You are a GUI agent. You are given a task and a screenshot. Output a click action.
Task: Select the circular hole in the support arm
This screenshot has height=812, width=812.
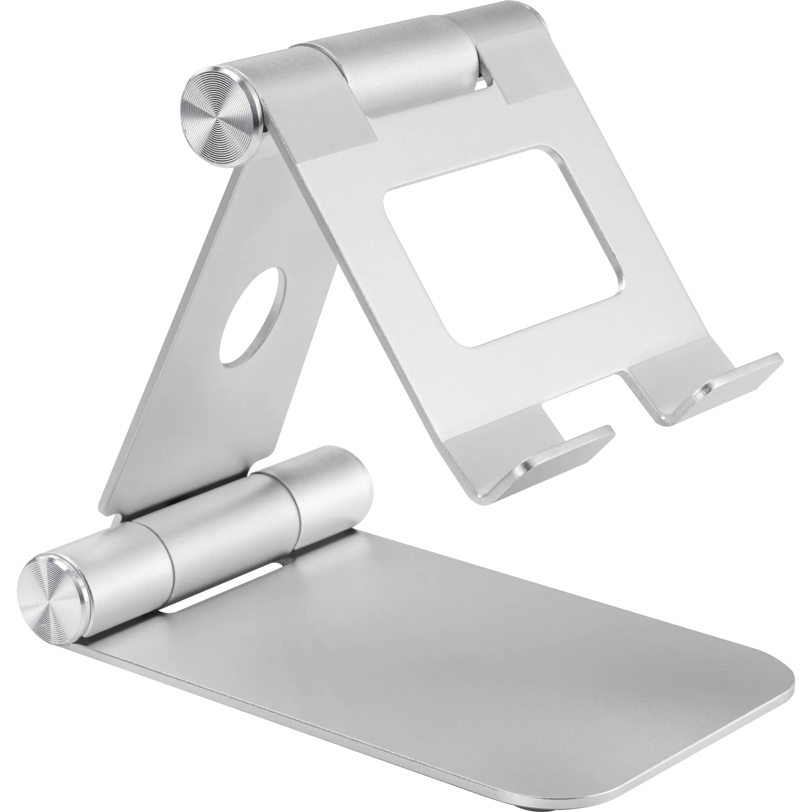(x=252, y=317)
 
